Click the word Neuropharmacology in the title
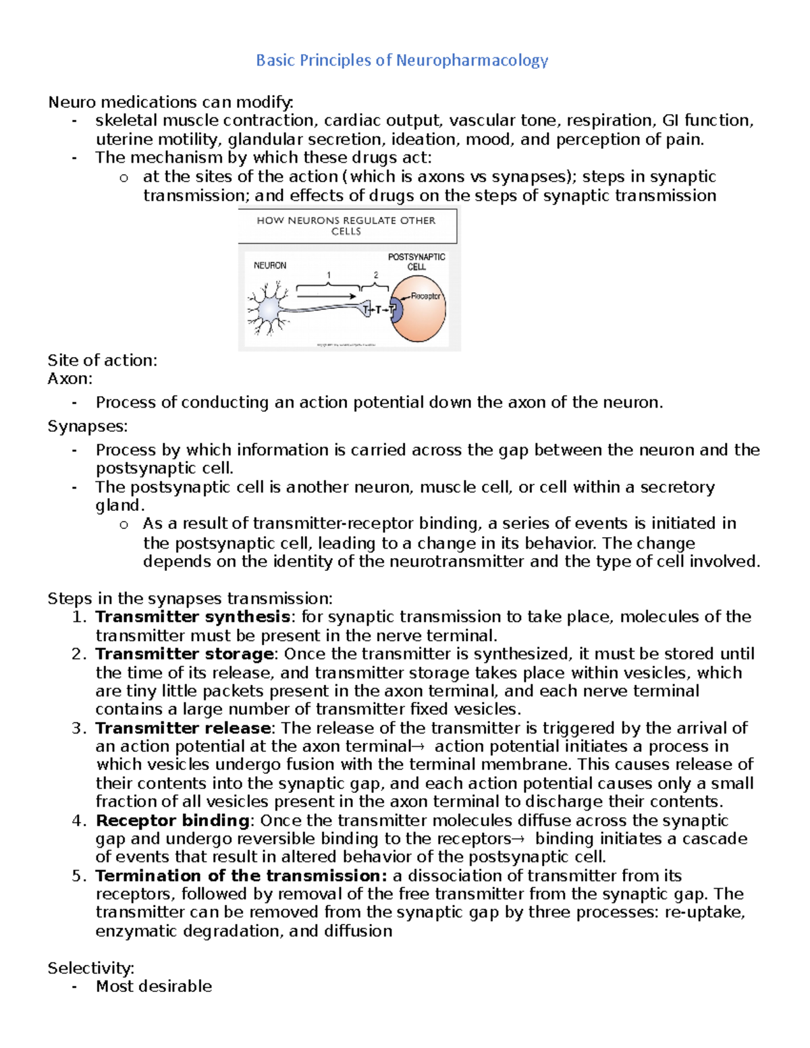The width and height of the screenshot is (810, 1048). coord(472,61)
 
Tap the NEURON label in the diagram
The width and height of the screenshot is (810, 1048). coord(270,265)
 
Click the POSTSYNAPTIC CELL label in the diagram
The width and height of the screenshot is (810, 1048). coord(416,262)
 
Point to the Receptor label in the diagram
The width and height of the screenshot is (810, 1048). coord(425,296)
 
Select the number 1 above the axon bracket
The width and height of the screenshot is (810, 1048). coord(329,275)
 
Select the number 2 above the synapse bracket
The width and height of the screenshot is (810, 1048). coord(376,275)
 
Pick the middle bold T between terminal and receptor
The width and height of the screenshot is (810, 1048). coord(379,310)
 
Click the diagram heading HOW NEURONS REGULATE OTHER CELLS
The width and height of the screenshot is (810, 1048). coord(346,225)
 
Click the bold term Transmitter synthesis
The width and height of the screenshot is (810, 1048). coord(192,617)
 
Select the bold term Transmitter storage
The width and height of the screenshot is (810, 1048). coord(184,654)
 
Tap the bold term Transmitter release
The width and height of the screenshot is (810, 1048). coord(183,728)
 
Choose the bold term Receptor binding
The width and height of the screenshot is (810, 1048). coord(173,821)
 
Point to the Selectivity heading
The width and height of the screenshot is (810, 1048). coord(90,968)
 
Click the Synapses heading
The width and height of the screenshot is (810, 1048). coord(87,426)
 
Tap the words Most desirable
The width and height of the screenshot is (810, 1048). coord(154,987)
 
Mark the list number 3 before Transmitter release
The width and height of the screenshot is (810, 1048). coord(78,728)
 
